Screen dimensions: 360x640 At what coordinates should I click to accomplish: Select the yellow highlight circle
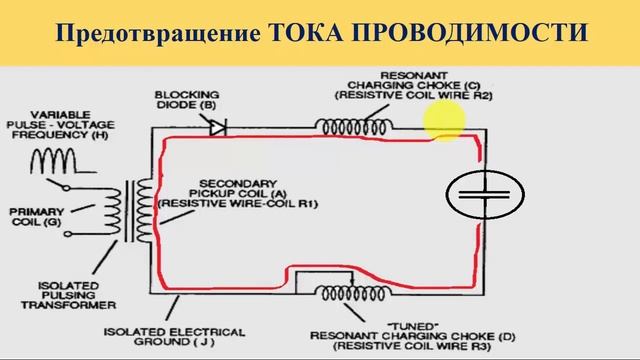[445, 122]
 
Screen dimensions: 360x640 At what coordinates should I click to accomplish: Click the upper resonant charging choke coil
[354, 127]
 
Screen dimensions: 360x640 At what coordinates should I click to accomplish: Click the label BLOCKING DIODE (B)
[186, 98]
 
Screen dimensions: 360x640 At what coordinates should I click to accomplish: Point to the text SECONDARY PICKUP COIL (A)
[239, 188]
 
